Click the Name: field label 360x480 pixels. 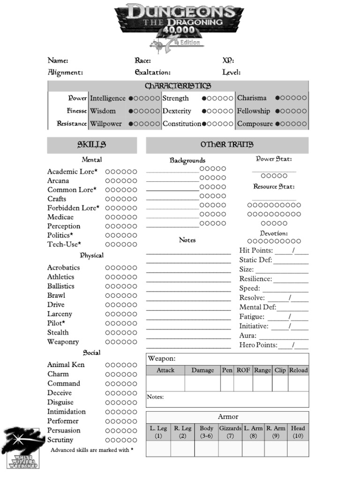pos(58,60)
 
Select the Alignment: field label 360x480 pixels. pos(65,73)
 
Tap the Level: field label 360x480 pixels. pos(232,73)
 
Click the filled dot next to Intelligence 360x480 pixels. pos(131,98)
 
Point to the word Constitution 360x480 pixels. pos(182,124)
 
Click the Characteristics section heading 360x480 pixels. pos(178,86)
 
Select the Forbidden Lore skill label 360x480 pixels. pos(73,208)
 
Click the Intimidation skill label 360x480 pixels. pos(67,412)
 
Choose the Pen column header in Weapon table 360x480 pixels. pos(227,370)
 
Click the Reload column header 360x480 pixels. pos(298,370)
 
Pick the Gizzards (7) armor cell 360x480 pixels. pos(230,432)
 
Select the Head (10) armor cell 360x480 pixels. pos(298,432)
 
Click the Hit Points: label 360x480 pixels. pos(256,250)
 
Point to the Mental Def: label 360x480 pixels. pos(257,307)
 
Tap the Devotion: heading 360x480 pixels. pos(274,233)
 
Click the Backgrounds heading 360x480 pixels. pos(187,160)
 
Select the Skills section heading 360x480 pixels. pos(91,145)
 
